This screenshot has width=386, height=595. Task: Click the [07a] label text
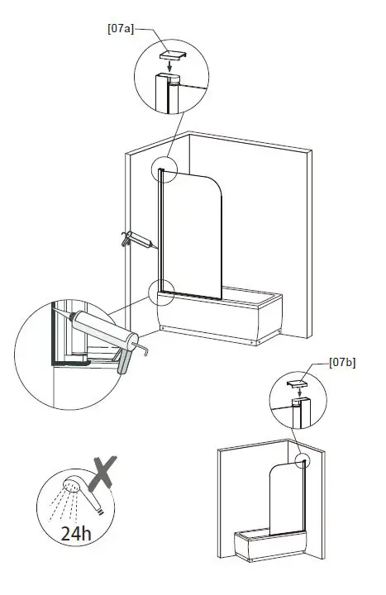coord(121,27)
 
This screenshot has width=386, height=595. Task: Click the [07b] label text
coord(341,362)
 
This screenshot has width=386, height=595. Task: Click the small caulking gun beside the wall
coord(136,240)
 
